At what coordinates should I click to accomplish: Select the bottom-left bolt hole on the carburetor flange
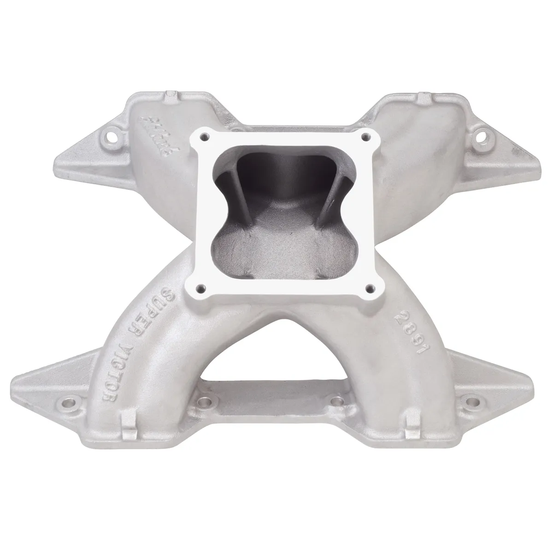pyautogui.click(x=200, y=288)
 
